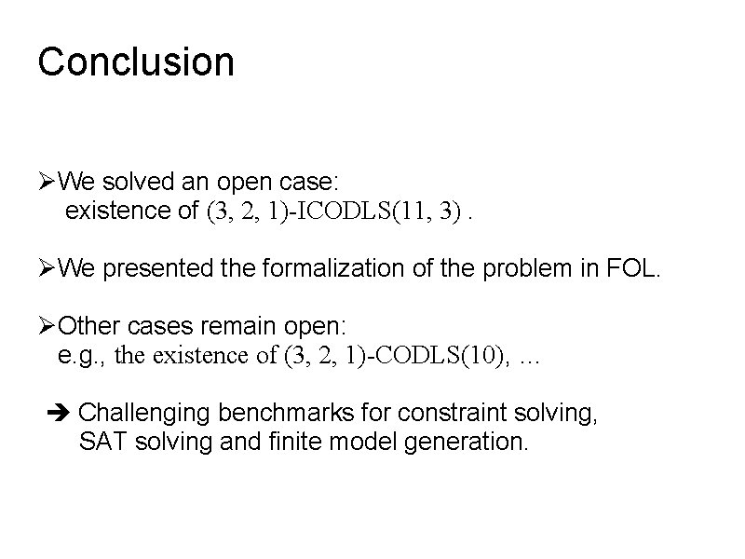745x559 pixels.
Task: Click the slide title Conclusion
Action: pos(136,62)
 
